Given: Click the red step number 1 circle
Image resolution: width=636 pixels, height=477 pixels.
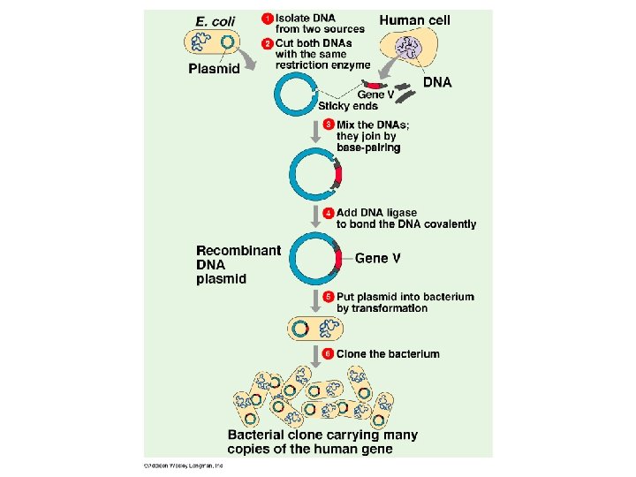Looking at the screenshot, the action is point(267,19).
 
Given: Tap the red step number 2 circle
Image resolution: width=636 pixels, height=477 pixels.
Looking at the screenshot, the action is point(267,43).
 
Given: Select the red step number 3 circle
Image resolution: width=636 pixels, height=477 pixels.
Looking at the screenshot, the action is point(328,125).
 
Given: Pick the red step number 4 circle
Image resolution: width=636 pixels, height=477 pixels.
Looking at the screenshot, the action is point(328,213).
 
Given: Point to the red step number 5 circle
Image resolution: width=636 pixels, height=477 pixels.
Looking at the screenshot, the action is point(328,297).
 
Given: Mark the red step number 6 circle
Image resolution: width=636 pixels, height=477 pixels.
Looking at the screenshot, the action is point(328,353).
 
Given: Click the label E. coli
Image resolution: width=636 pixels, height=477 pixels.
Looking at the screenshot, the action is point(215,21).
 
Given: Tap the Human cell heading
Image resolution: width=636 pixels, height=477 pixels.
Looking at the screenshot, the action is point(414,20).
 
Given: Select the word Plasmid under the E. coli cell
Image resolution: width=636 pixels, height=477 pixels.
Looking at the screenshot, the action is point(214,69).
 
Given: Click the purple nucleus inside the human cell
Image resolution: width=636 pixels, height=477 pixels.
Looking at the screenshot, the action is point(409,48).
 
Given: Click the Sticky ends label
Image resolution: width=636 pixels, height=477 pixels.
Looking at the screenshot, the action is point(348,106).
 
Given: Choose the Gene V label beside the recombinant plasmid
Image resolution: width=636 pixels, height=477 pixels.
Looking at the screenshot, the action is point(378,258).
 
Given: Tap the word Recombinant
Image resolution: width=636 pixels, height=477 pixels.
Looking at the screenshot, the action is point(238,251).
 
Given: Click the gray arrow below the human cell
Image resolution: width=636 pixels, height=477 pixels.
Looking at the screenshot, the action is point(389,66).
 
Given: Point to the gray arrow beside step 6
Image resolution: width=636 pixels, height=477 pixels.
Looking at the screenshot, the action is point(315,357).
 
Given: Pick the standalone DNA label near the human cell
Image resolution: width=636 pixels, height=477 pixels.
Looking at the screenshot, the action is point(437,82).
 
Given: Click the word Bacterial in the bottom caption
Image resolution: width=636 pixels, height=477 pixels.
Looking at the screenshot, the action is point(256,435).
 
